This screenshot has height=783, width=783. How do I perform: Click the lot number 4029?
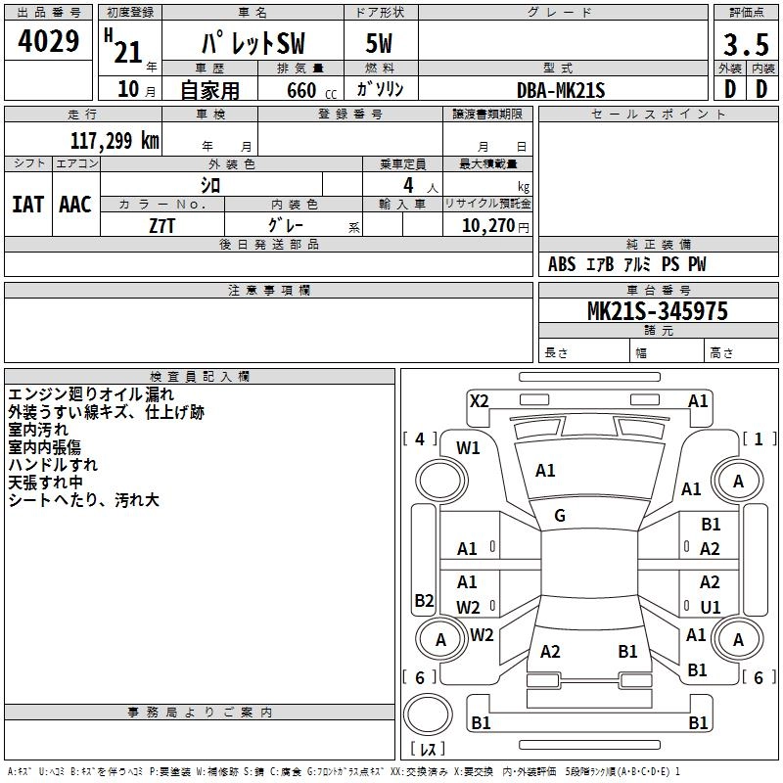click(49, 43)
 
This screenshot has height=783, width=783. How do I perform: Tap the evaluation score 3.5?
click(746, 45)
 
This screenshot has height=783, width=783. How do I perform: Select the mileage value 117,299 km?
click(115, 141)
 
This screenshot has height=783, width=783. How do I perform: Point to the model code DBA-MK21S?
click(562, 90)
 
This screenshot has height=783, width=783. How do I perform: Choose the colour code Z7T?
click(161, 225)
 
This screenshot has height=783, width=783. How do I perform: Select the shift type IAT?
click(27, 204)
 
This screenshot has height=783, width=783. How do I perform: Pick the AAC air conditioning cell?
click(74, 204)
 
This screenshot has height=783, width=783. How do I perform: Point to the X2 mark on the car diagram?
click(479, 400)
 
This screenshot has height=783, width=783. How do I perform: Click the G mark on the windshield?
click(560, 515)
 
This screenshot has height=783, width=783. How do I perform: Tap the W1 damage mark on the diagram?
click(469, 448)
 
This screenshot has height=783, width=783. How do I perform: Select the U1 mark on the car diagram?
click(711, 607)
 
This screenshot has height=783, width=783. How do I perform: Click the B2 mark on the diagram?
click(424, 601)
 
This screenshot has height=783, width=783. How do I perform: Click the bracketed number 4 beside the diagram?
click(420, 439)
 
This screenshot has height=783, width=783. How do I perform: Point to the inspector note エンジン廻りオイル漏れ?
click(91, 393)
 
